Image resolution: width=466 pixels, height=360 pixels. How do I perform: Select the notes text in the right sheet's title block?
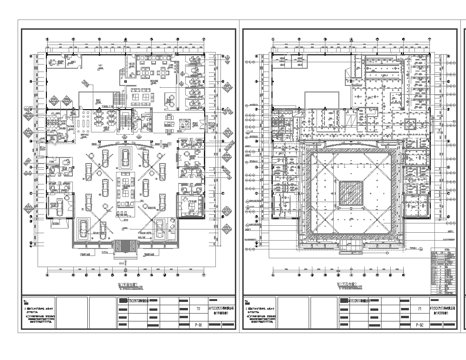point(279,316)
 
